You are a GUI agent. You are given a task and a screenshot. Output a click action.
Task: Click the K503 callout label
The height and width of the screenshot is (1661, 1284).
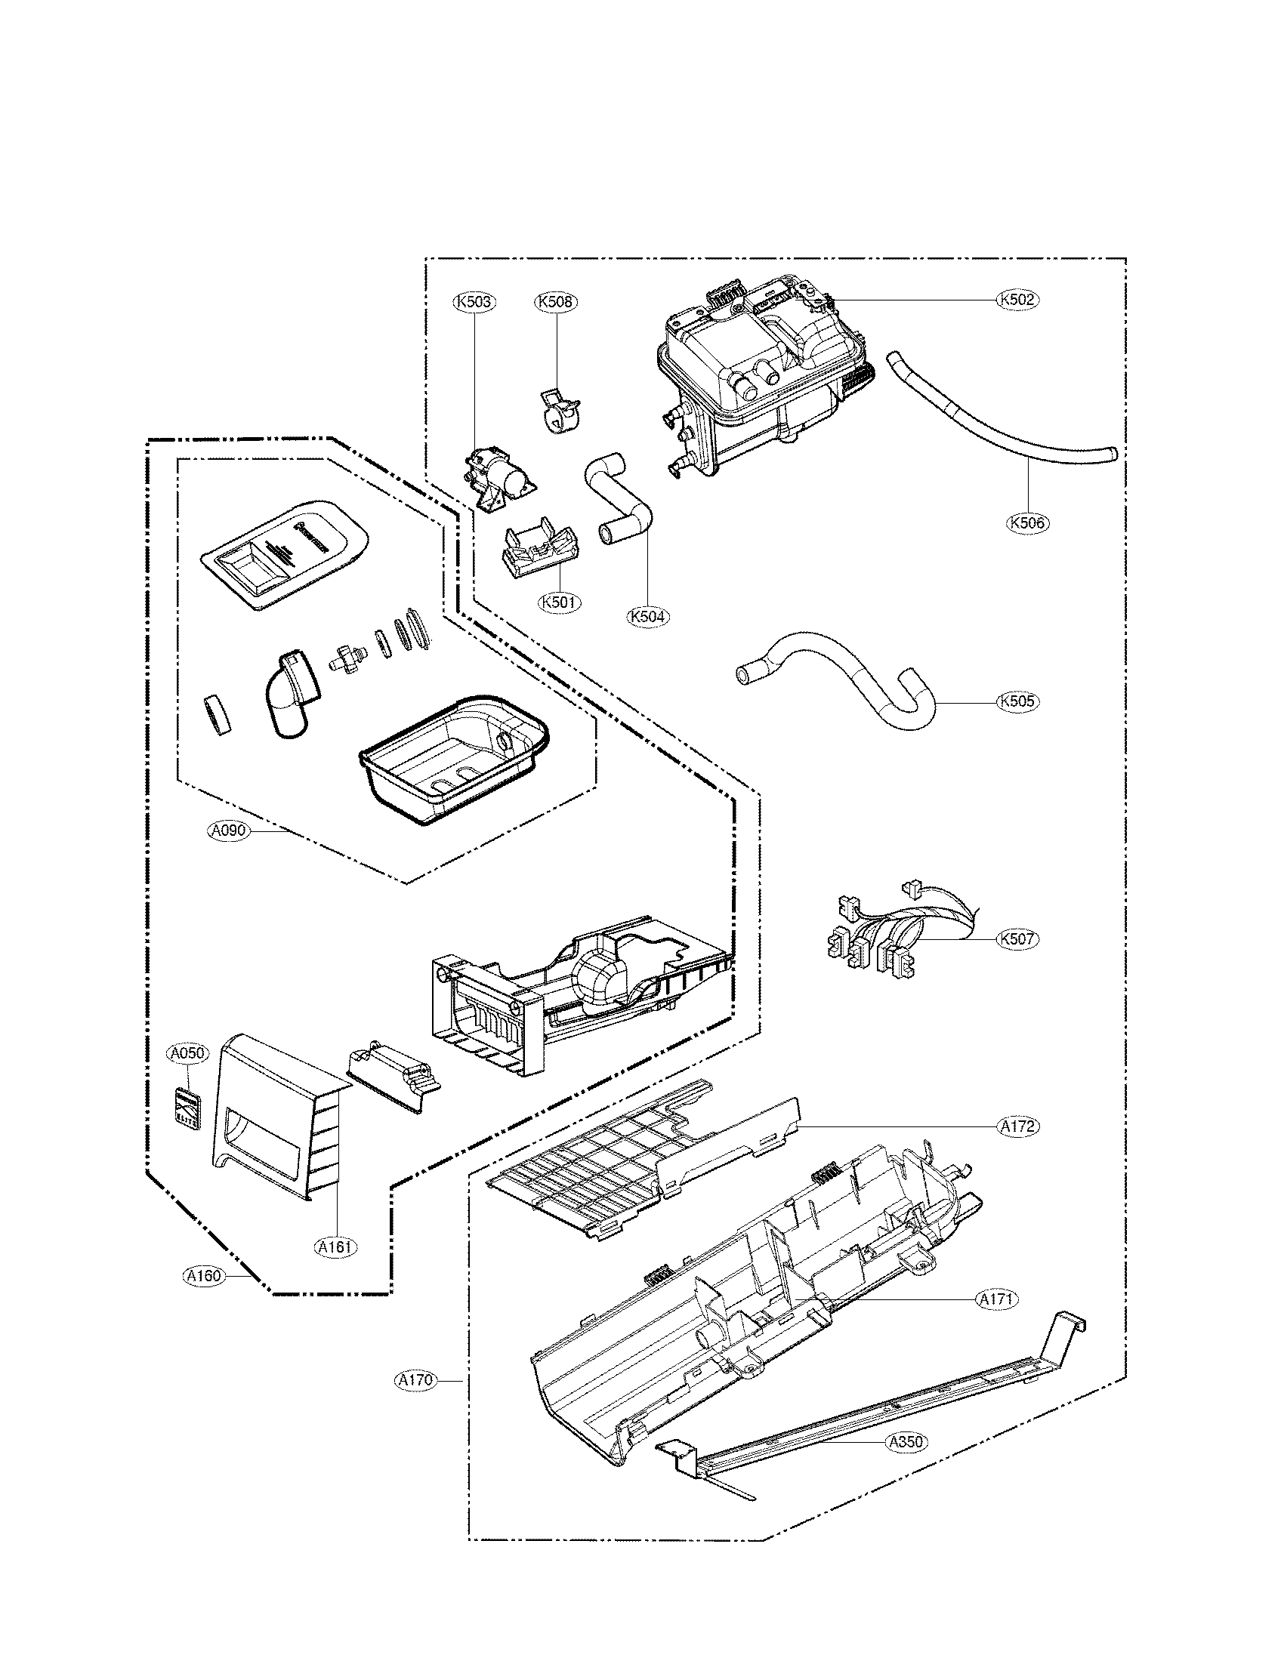tap(474, 302)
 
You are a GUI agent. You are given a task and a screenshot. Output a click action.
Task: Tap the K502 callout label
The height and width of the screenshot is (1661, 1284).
tap(1018, 300)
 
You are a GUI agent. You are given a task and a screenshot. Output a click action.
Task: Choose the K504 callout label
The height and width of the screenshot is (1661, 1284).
tap(649, 616)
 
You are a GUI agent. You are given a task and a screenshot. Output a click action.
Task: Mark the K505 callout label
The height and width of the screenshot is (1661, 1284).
tap(1018, 701)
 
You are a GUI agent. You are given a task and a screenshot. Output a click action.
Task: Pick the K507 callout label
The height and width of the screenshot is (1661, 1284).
tap(1018, 938)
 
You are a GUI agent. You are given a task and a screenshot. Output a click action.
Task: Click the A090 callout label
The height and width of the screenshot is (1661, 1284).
tap(228, 830)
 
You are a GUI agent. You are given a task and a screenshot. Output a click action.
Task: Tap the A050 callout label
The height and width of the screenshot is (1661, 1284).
tap(187, 1053)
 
